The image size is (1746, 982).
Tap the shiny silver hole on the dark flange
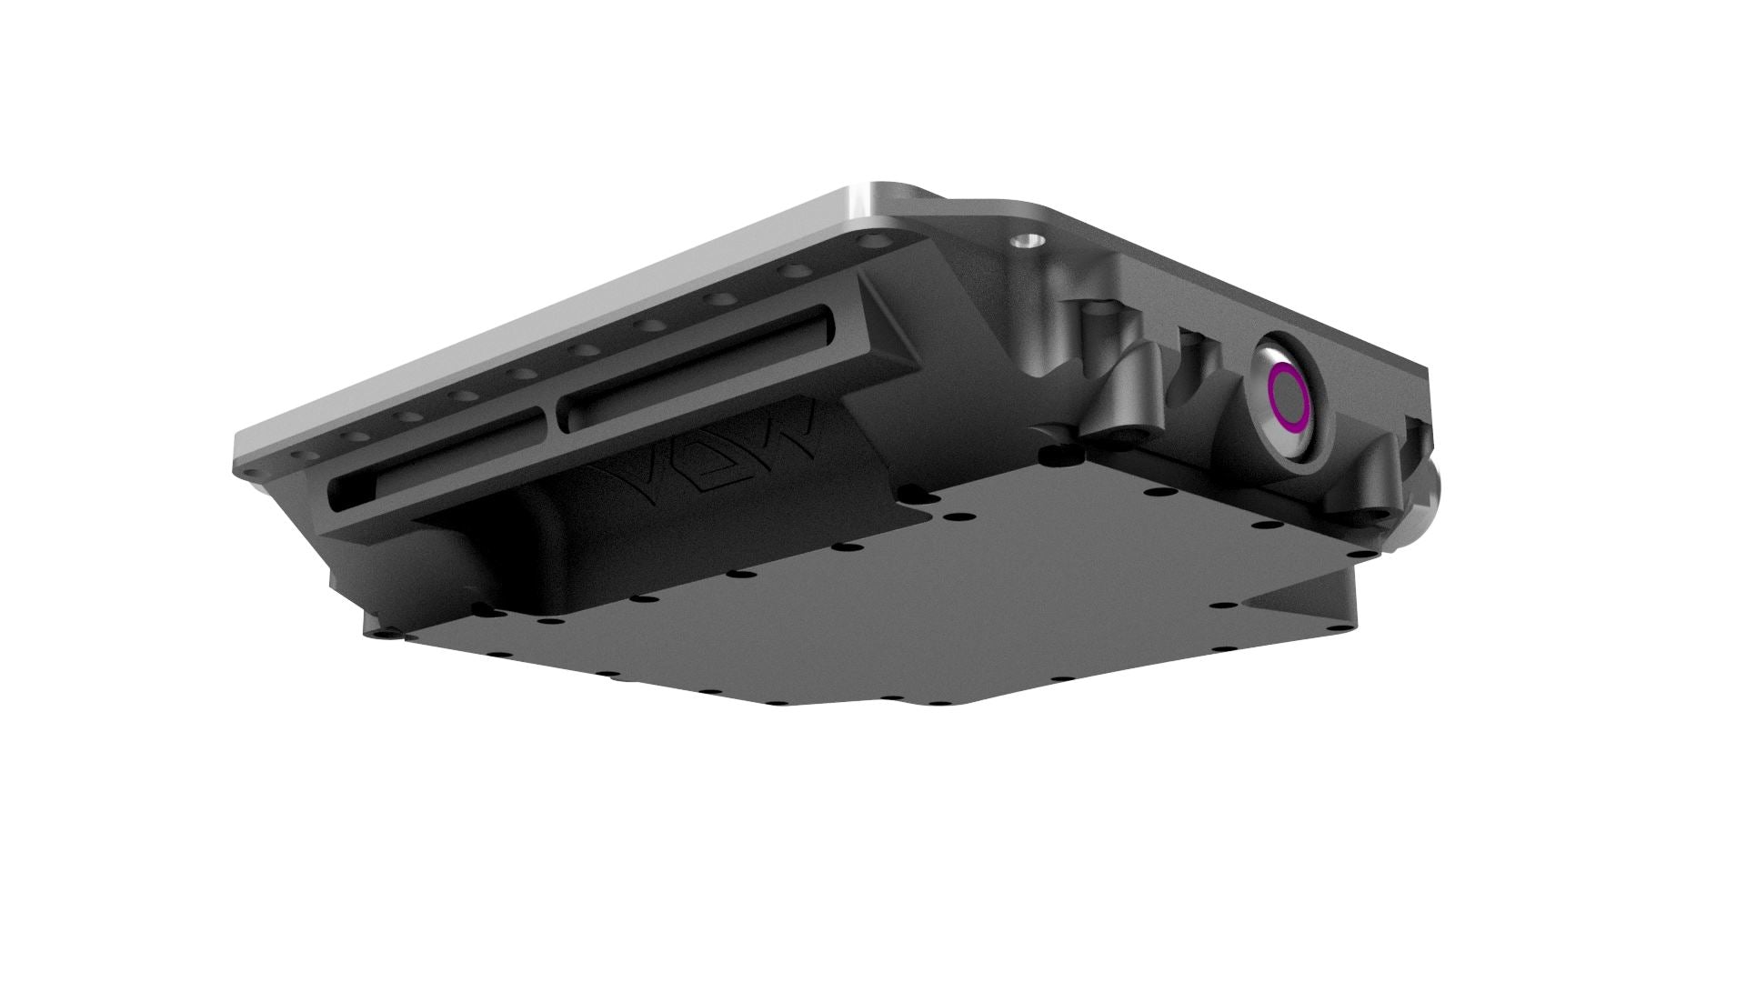1026,242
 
